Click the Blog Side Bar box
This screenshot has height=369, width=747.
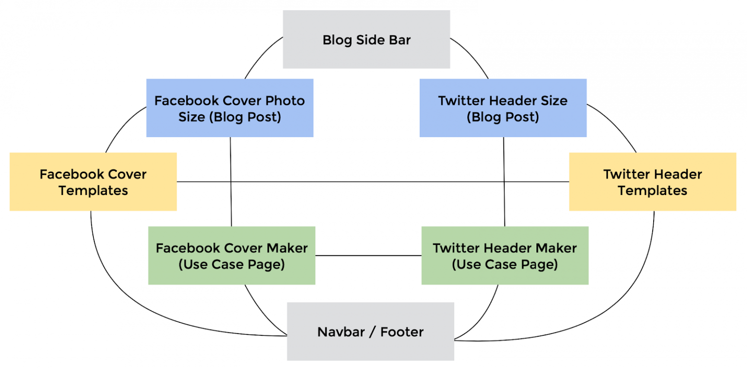coord(366,39)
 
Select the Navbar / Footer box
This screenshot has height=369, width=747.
coord(370,332)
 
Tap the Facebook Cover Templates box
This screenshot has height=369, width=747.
coord(93,182)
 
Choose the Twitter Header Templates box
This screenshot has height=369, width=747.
coord(652,182)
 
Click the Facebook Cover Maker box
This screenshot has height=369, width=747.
coord(231,255)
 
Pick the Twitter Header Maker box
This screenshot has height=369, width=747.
coord(505,255)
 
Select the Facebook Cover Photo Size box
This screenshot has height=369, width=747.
coord(230,108)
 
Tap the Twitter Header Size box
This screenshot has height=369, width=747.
coord(503,108)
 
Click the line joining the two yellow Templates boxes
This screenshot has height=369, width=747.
coord(373,182)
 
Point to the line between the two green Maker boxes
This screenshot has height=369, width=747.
coord(368,255)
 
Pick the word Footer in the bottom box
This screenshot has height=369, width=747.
coord(402,332)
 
